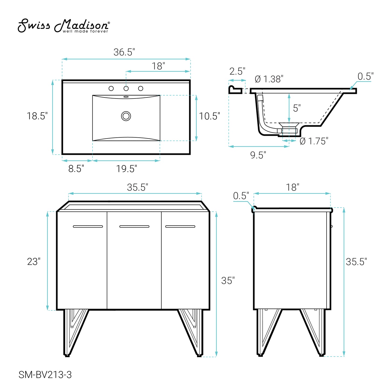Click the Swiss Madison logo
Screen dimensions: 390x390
(x=63, y=26)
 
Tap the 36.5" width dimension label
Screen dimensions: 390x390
(x=124, y=52)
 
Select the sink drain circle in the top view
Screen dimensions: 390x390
(x=126, y=116)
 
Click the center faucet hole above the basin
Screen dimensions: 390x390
(x=126, y=88)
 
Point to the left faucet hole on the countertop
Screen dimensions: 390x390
(x=111, y=88)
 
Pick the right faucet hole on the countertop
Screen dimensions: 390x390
(x=141, y=88)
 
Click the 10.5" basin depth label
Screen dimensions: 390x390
(x=209, y=116)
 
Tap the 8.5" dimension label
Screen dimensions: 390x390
(x=76, y=169)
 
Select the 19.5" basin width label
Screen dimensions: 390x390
(x=127, y=169)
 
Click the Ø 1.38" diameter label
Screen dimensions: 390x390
(x=269, y=79)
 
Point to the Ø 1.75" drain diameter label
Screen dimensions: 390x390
(x=314, y=141)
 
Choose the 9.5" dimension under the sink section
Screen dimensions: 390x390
(x=258, y=155)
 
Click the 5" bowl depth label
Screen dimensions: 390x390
(x=297, y=108)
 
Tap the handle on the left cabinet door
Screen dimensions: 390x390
(x=88, y=226)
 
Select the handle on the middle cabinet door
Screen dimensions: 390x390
(x=134, y=226)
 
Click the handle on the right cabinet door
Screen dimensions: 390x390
(x=180, y=226)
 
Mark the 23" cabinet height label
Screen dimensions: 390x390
(x=34, y=262)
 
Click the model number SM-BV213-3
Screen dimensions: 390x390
(x=45, y=375)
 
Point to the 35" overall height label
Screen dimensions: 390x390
(x=228, y=281)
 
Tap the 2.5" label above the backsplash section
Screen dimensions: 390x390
(x=237, y=72)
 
